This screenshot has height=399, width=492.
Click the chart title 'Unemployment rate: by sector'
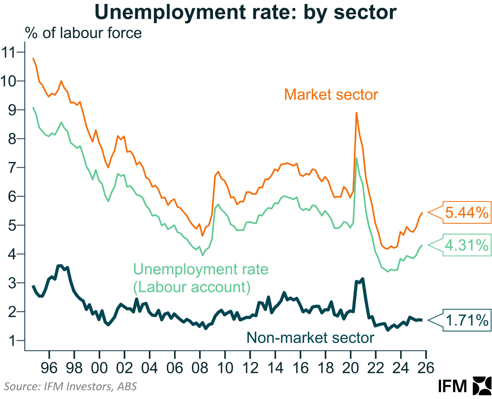(246, 12)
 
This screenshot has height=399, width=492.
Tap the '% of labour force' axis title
(83, 33)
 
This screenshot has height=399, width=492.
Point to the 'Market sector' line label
(331, 95)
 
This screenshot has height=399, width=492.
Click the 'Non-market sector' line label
(310, 338)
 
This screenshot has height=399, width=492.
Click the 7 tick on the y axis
(12, 168)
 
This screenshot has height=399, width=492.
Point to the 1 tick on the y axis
(12, 341)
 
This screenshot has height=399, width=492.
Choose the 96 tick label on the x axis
(49, 368)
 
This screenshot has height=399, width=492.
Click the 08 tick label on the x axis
(200, 368)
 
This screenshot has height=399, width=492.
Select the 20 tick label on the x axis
(350, 368)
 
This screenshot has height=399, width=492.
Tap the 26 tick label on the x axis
(426, 368)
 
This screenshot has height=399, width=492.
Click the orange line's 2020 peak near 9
(357, 113)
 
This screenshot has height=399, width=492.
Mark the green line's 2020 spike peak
(357, 158)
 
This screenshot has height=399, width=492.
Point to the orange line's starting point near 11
(33, 59)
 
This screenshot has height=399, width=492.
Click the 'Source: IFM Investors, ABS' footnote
(70, 386)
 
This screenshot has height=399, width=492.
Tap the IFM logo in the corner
(464, 386)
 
